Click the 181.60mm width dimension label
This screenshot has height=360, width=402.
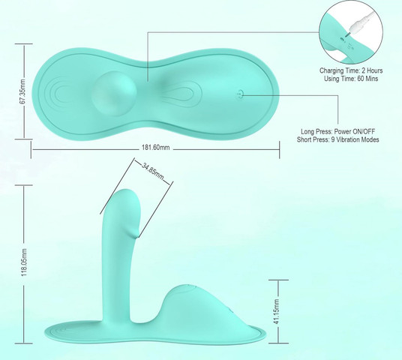pos(155,148)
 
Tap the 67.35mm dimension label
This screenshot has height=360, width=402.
pos(22,91)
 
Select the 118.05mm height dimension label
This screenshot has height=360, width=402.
pos(24,262)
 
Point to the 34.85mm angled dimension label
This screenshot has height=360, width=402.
pos(153,171)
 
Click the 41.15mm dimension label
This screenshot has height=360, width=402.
pos(276,311)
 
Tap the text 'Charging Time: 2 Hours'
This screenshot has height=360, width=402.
pos(351,70)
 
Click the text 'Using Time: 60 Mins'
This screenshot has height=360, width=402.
pos(351,79)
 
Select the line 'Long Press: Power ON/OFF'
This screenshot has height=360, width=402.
pos(337,131)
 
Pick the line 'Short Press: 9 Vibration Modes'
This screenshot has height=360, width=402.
pos(337,139)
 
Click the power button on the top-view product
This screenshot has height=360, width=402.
pos(240,94)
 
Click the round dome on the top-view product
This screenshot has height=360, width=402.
pos(115,93)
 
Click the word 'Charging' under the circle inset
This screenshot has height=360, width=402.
pos(331,70)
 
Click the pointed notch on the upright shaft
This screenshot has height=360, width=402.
pos(136,234)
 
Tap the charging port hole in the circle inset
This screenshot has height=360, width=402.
pos(342,39)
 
